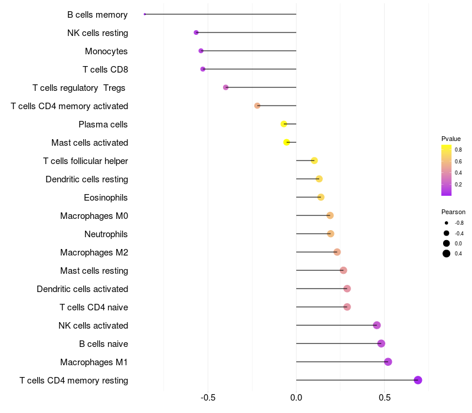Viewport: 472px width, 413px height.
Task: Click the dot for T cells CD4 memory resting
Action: tap(418, 380)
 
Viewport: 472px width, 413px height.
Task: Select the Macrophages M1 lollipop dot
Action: tap(388, 362)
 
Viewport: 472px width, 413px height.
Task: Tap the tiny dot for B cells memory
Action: tap(145, 14)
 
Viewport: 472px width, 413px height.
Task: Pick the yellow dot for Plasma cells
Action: tap(284, 124)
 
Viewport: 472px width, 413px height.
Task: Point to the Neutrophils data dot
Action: tap(330, 234)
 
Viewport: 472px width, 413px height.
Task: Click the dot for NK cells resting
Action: tap(196, 32)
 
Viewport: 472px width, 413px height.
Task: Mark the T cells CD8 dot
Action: tap(203, 69)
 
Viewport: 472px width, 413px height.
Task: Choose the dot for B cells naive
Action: tap(381, 343)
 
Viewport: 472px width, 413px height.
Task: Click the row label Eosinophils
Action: tap(106, 198)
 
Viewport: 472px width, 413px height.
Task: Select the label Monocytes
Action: tap(106, 51)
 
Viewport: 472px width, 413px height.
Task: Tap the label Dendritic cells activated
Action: tap(82, 289)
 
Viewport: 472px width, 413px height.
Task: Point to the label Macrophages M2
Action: tap(94, 253)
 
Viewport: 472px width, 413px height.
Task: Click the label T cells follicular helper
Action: tap(86, 161)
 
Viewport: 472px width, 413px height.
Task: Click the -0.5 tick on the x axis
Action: tap(208, 398)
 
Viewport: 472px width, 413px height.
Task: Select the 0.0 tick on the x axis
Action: tap(296, 398)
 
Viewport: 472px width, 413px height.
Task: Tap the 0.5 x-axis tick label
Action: tap(384, 398)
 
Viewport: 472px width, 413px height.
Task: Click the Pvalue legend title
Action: tap(451, 139)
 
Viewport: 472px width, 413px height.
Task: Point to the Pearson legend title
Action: tap(453, 212)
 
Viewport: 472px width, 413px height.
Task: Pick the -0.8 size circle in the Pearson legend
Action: tap(447, 223)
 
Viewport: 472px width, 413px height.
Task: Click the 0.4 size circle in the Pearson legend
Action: tap(447, 254)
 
